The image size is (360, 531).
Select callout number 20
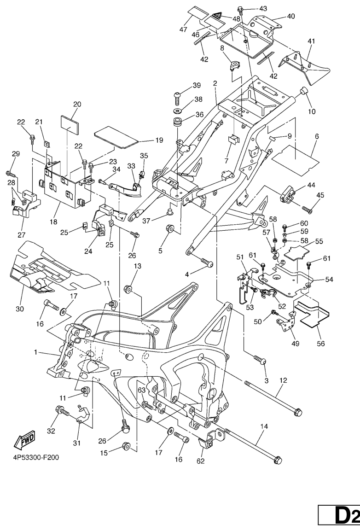tap(76, 104)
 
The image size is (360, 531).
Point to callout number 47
tap(184, 30)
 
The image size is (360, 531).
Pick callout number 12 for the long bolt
tap(283, 380)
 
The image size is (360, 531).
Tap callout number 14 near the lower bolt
tap(263, 427)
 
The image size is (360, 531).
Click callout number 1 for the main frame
tap(35, 352)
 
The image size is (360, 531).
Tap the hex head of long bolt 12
tap(298, 412)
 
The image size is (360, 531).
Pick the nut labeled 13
tap(128, 289)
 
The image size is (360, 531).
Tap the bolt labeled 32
tap(61, 409)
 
